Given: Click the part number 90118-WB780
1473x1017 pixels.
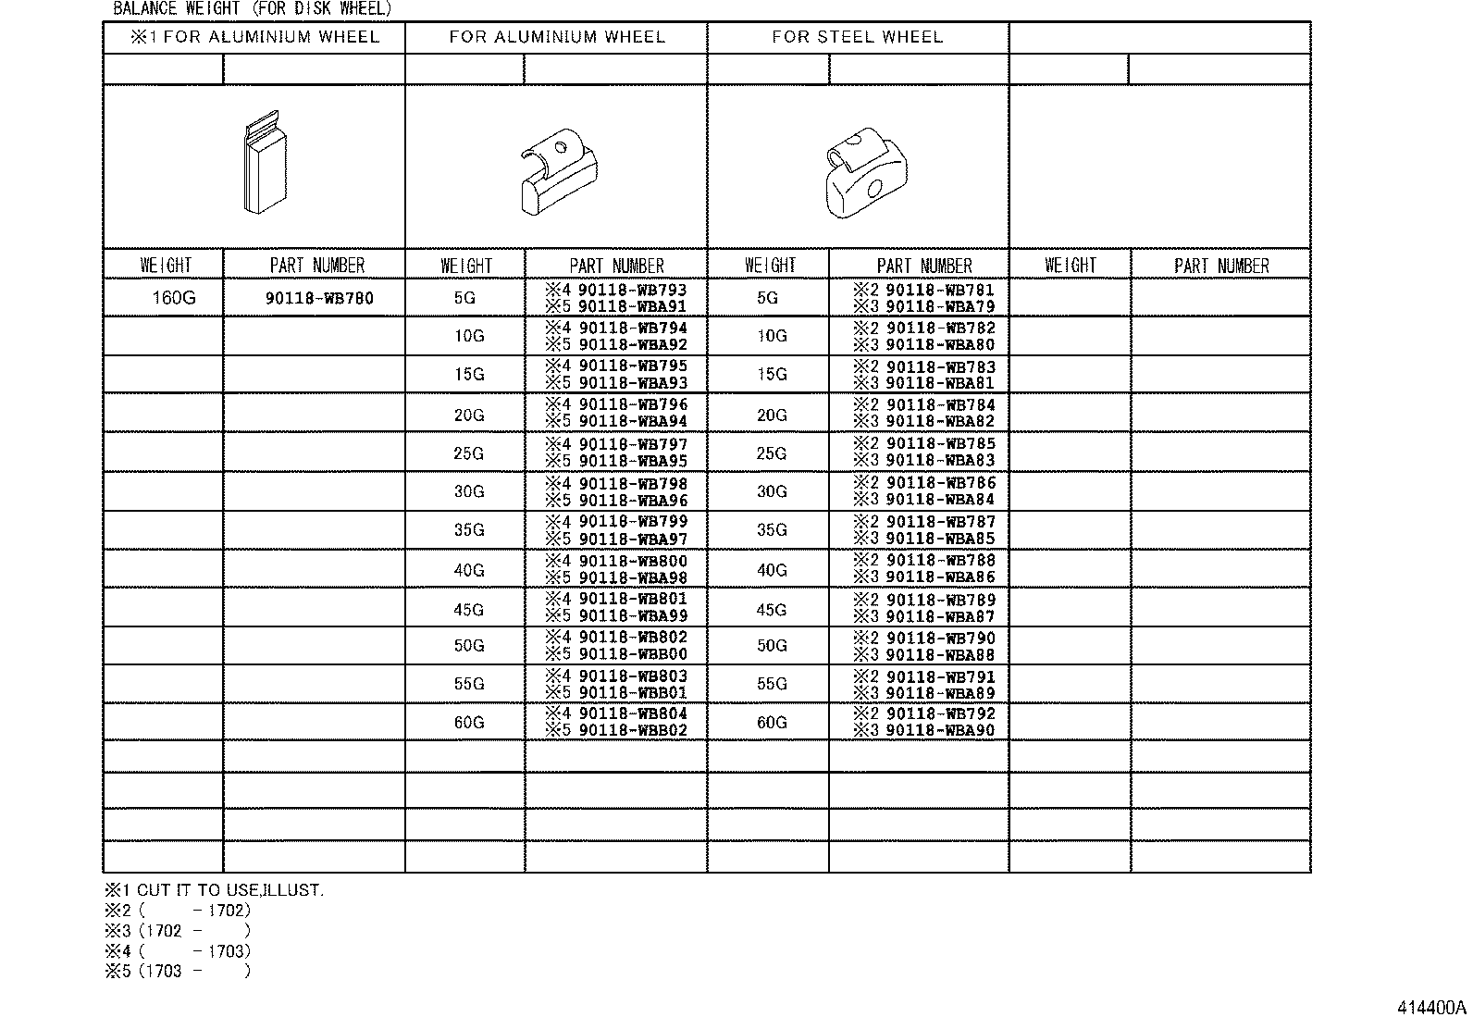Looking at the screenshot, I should [318, 298].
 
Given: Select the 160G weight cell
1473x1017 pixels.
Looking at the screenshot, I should [174, 298].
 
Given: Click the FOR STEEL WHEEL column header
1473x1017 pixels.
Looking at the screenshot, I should [857, 37].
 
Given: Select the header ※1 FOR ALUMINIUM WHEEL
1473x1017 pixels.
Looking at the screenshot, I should [254, 37].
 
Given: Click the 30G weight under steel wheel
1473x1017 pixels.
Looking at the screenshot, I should [772, 491].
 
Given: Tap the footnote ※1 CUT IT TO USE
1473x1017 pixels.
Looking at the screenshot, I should [214, 890].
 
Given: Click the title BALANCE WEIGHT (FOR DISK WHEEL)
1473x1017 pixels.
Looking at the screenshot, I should [252, 9].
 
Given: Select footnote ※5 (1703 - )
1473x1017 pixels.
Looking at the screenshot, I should [177, 971].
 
